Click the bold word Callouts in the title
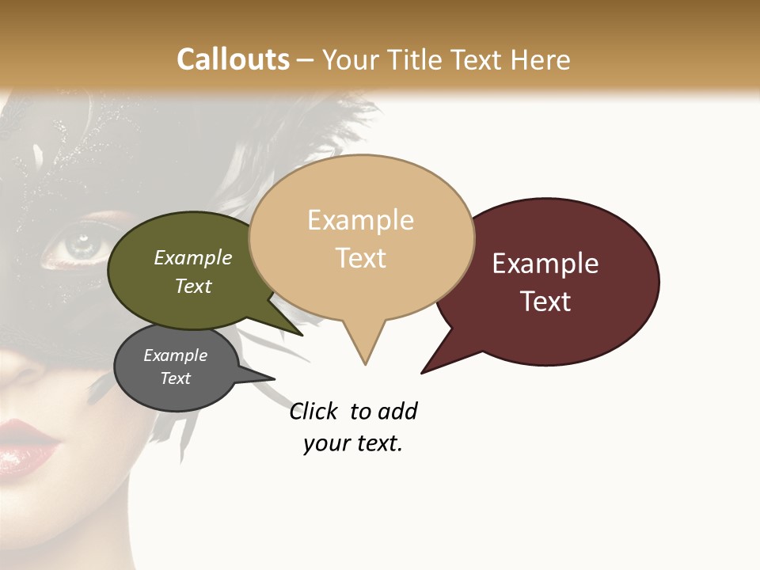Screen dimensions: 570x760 233,59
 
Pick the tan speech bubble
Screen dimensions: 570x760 361,237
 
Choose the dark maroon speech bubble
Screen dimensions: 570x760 554,281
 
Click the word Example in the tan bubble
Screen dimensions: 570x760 360,219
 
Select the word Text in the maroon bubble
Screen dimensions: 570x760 545,302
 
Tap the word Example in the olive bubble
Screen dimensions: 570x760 192,258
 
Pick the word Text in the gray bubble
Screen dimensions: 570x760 175,378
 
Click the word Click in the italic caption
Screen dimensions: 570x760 313,412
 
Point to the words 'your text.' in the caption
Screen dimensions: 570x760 353,443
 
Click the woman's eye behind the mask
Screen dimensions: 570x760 78,243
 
